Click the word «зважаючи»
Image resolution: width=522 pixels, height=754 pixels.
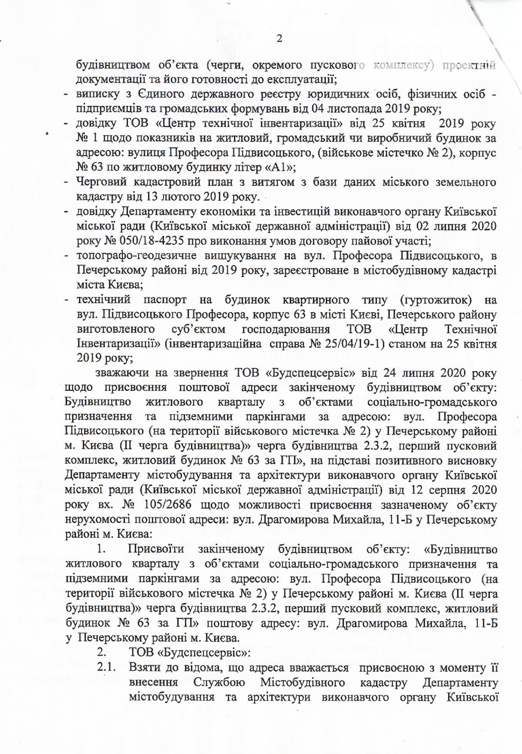122,373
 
